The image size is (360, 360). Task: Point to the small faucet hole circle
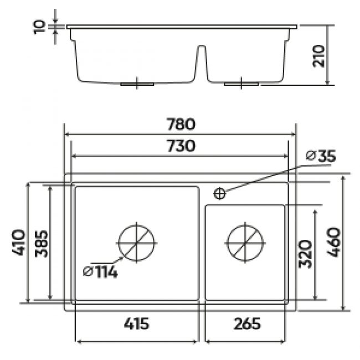click(x=219, y=193)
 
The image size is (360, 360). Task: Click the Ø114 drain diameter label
click(x=100, y=272)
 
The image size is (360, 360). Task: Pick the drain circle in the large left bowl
click(x=137, y=242)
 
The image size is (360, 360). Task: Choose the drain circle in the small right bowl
click(x=244, y=242)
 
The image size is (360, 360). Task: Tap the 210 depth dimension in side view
click(x=318, y=55)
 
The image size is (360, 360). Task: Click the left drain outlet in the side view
click(x=137, y=84)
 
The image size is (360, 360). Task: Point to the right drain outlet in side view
click(x=241, y=84)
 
